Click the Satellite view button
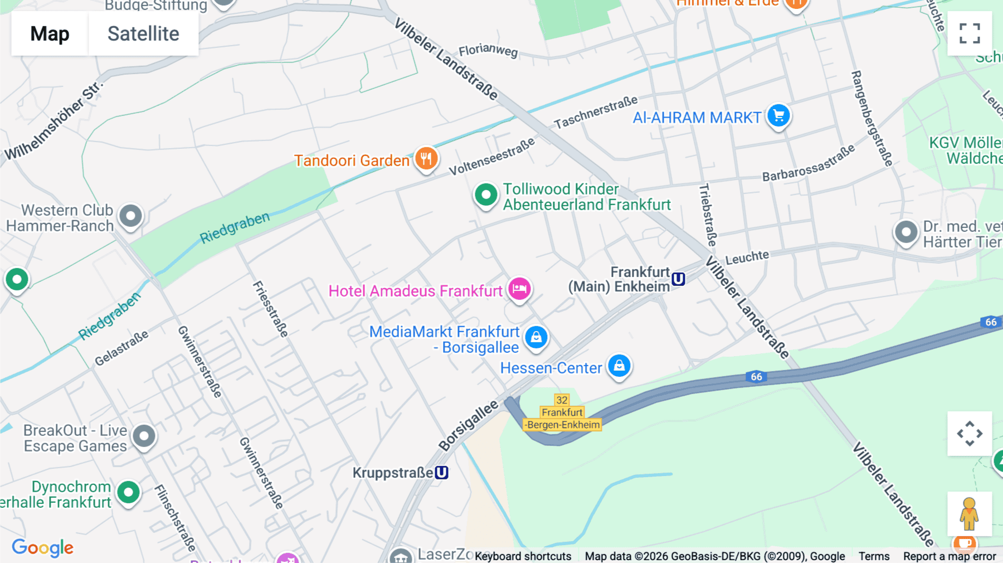[143, 33]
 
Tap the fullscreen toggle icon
[970, 33]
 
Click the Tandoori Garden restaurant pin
[426, 158]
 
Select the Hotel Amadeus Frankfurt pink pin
[519, 289]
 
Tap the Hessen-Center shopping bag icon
[619, 366]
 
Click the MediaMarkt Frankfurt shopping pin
[536, 337]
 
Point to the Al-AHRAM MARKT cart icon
[778, 116]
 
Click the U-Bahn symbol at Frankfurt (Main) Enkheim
[678, 279]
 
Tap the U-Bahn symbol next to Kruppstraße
[441, 473]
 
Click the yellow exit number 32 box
[562, 400]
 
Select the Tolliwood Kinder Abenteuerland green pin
[486, 195]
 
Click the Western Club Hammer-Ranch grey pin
[131, 216]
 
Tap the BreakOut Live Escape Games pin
[144, 436]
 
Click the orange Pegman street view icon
[969, 514]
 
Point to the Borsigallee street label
[468, 426]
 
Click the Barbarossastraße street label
[808, 163]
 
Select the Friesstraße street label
[271, 309]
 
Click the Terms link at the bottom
[874, 556]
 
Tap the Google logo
[42, 548]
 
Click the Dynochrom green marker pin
[129, 492]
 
